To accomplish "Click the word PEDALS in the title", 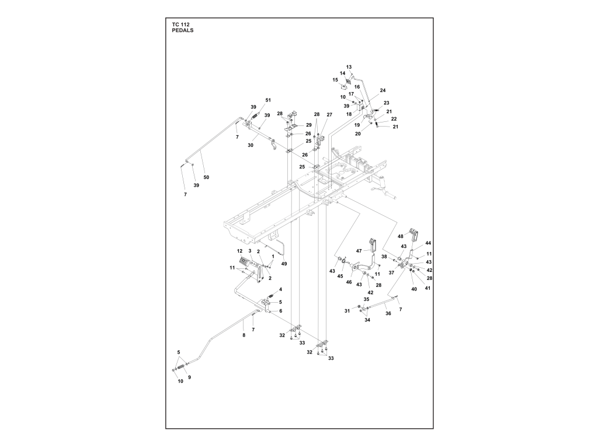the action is click(182, 30).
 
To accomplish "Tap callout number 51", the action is click(268, 100).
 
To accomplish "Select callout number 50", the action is click(206, 177).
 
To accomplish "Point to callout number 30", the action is click(251, 145).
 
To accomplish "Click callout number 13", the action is click(349, 67).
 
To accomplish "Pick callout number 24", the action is click(383, 90).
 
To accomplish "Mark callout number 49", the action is click(284, 264).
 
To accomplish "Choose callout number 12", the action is click(239, 251).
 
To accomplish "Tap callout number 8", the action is click(244, 335).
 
